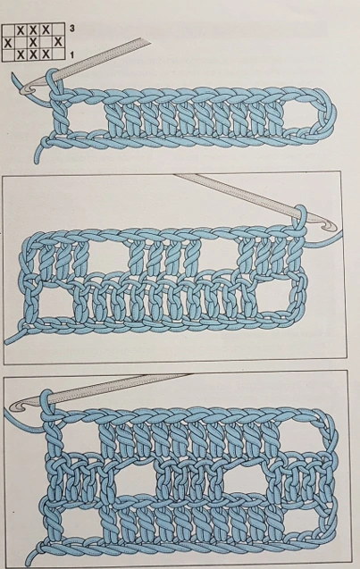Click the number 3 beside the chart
71,29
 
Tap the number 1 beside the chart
71,55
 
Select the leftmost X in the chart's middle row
8,43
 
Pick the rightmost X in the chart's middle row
58,42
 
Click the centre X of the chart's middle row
33,43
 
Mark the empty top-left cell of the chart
8,30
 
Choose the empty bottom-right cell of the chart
58,54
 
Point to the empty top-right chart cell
58,29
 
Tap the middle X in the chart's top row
33,30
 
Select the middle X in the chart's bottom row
33,54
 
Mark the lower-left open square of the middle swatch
54,301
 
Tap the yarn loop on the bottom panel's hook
47,403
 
